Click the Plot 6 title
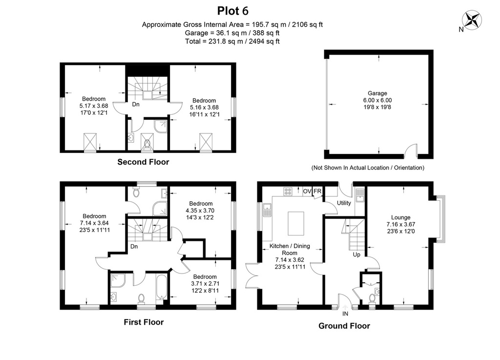pyautogui.click(x=233, y=11)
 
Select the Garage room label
pyautogui.click(x=377, y=93)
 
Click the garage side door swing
pyautogui.click(x=411, y=151)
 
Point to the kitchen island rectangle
pyautogui.click(x=296, y=223)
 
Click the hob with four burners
pyautogui.click(x=288, y=191)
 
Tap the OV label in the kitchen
pyautogui.click(x=307, y=191)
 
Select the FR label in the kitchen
pyautogui.click(x=317, y=191)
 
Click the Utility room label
pyautogui.click(x=344, y=203)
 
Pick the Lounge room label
pyautogui.click(x=401, y=217)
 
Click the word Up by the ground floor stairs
pyautogui.click(x=356, y=255)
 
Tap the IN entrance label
pyautogui.click(x=345, y=314)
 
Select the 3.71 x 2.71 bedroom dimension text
pyautogui.click(x=205, y=283)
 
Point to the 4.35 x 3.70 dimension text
pyautogui.click(x=200, y=211)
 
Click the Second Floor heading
pyautogui.click(x=143, y=162)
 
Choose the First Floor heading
pyautogui.click(x=144, y=322)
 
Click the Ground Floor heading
pyautogui.click(x=344, y=326)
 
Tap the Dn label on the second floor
pyautogui.click(x=136, y=104)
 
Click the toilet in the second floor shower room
pyautogui.click(x=147, y=144)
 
